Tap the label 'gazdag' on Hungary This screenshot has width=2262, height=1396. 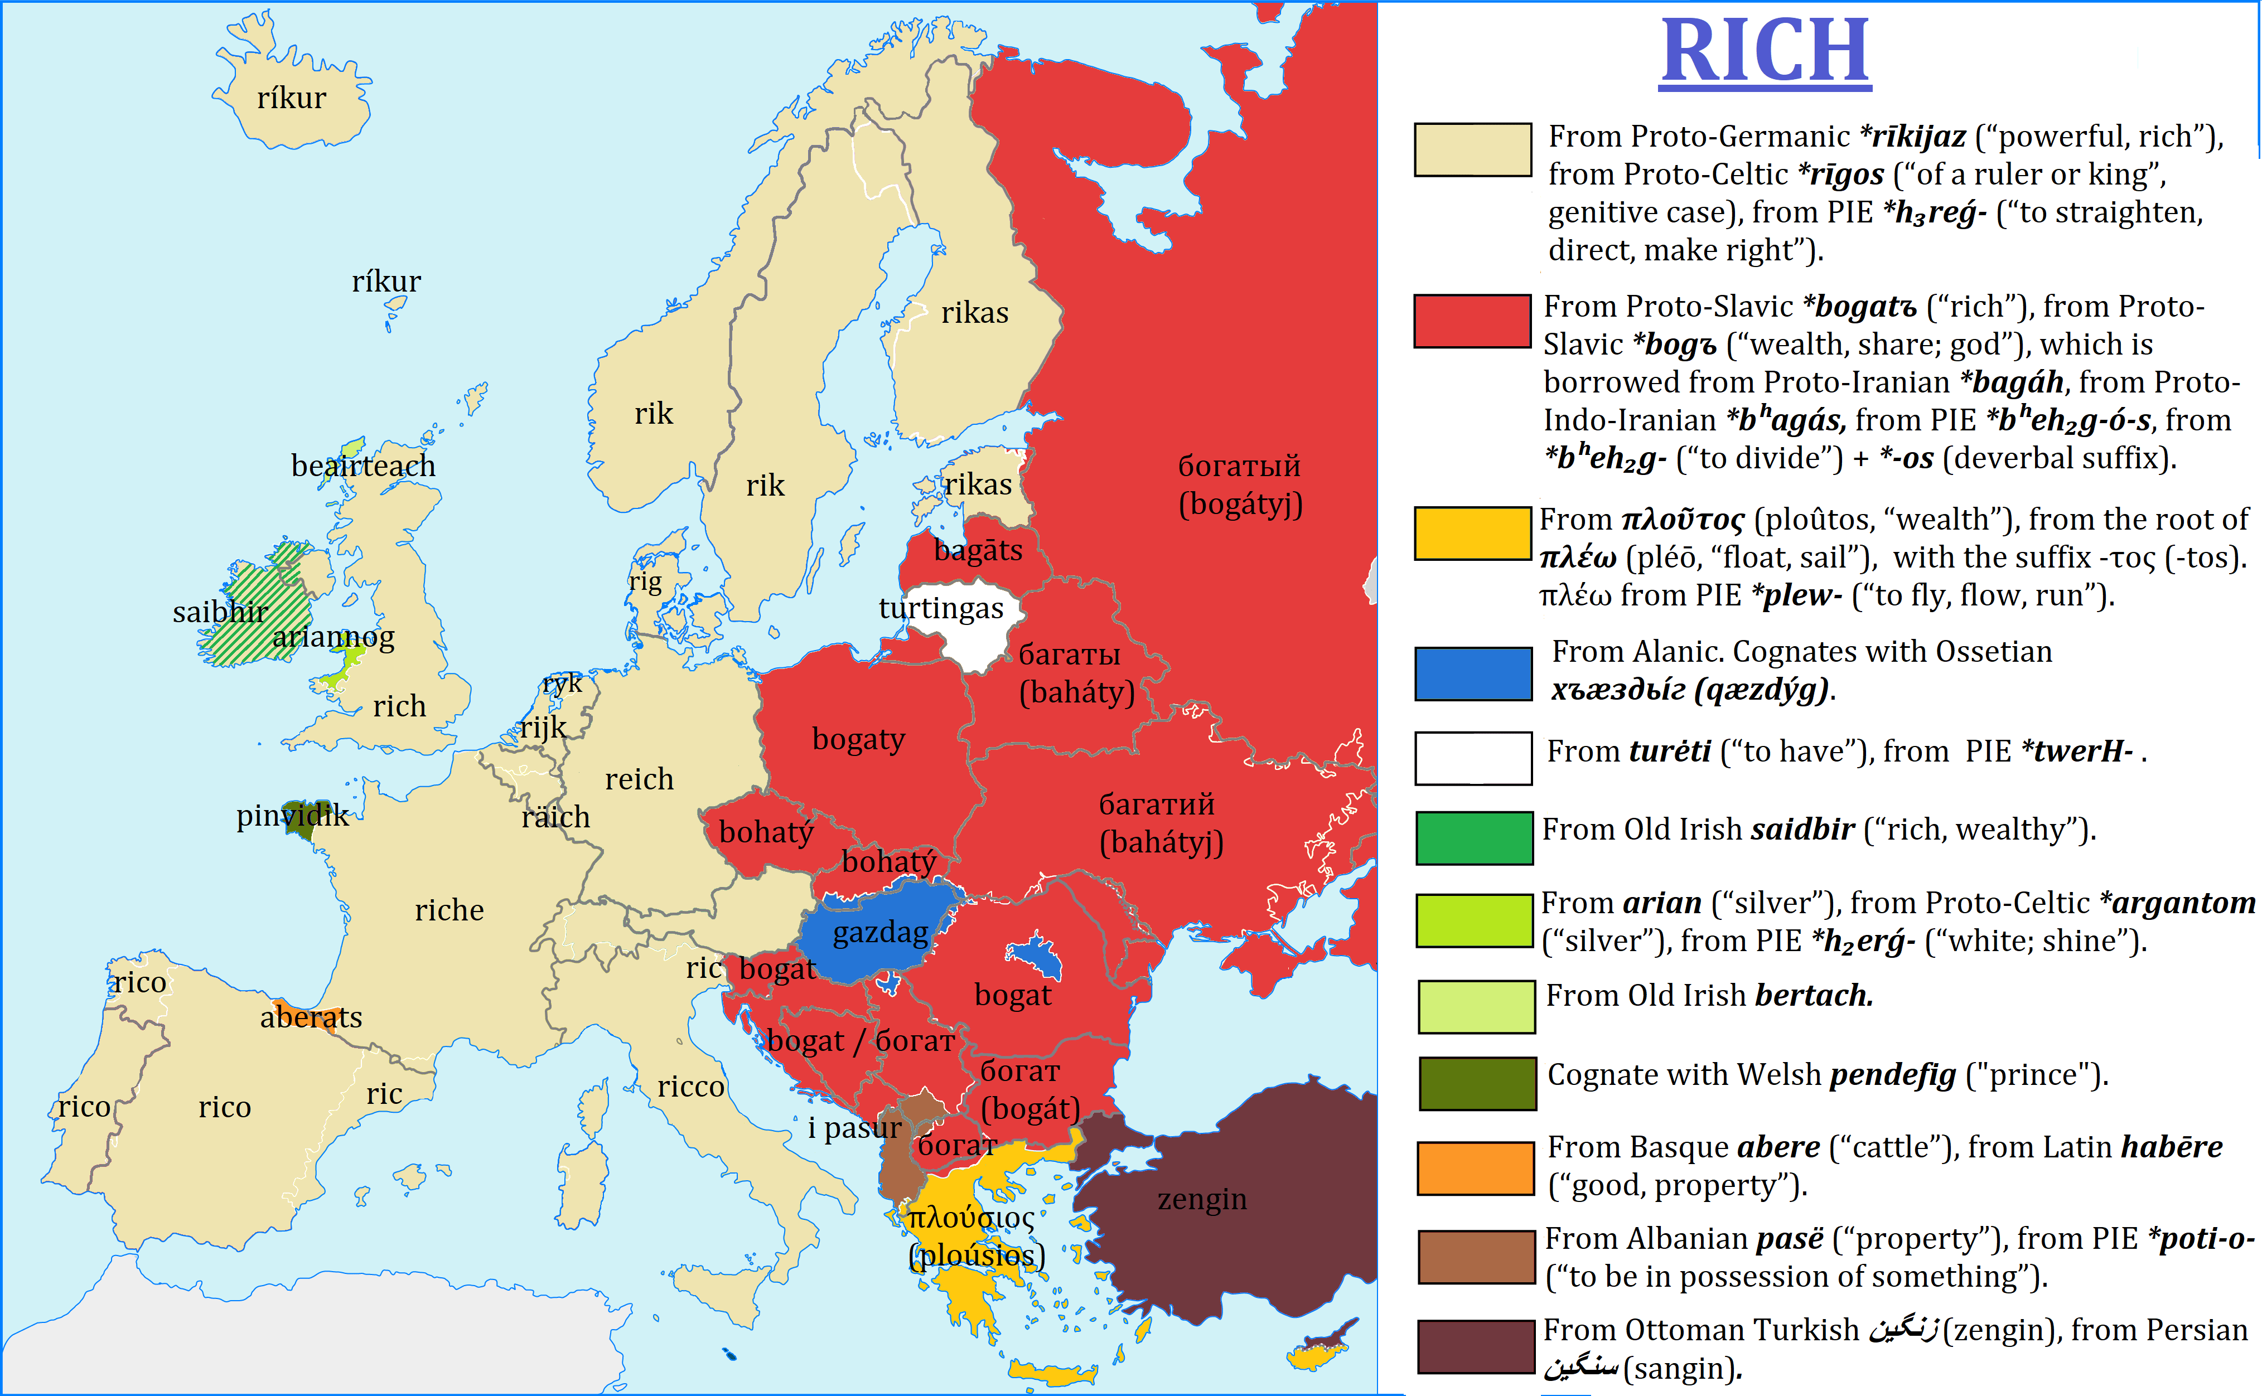tap(880, 933)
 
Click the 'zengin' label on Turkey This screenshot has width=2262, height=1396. tap(1202, 1199)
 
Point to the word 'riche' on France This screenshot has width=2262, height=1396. tap(449, 910)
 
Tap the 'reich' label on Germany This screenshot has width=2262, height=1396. tap(639, 779)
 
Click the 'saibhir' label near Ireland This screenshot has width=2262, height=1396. tap(220, 612)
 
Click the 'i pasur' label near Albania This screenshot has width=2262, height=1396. tap(854, 1127)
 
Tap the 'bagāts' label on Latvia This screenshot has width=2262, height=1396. tap(978, 550)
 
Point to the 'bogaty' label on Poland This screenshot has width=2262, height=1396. tap(858, 740)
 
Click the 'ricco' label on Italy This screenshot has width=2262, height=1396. tap(691, 1087)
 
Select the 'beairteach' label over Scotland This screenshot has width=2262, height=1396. tap(363, 466)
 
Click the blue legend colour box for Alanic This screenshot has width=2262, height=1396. tap(1473, 673)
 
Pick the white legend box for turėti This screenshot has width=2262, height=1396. tap(1473, 758)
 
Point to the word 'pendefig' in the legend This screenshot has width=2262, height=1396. tap(1893, 1075)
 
